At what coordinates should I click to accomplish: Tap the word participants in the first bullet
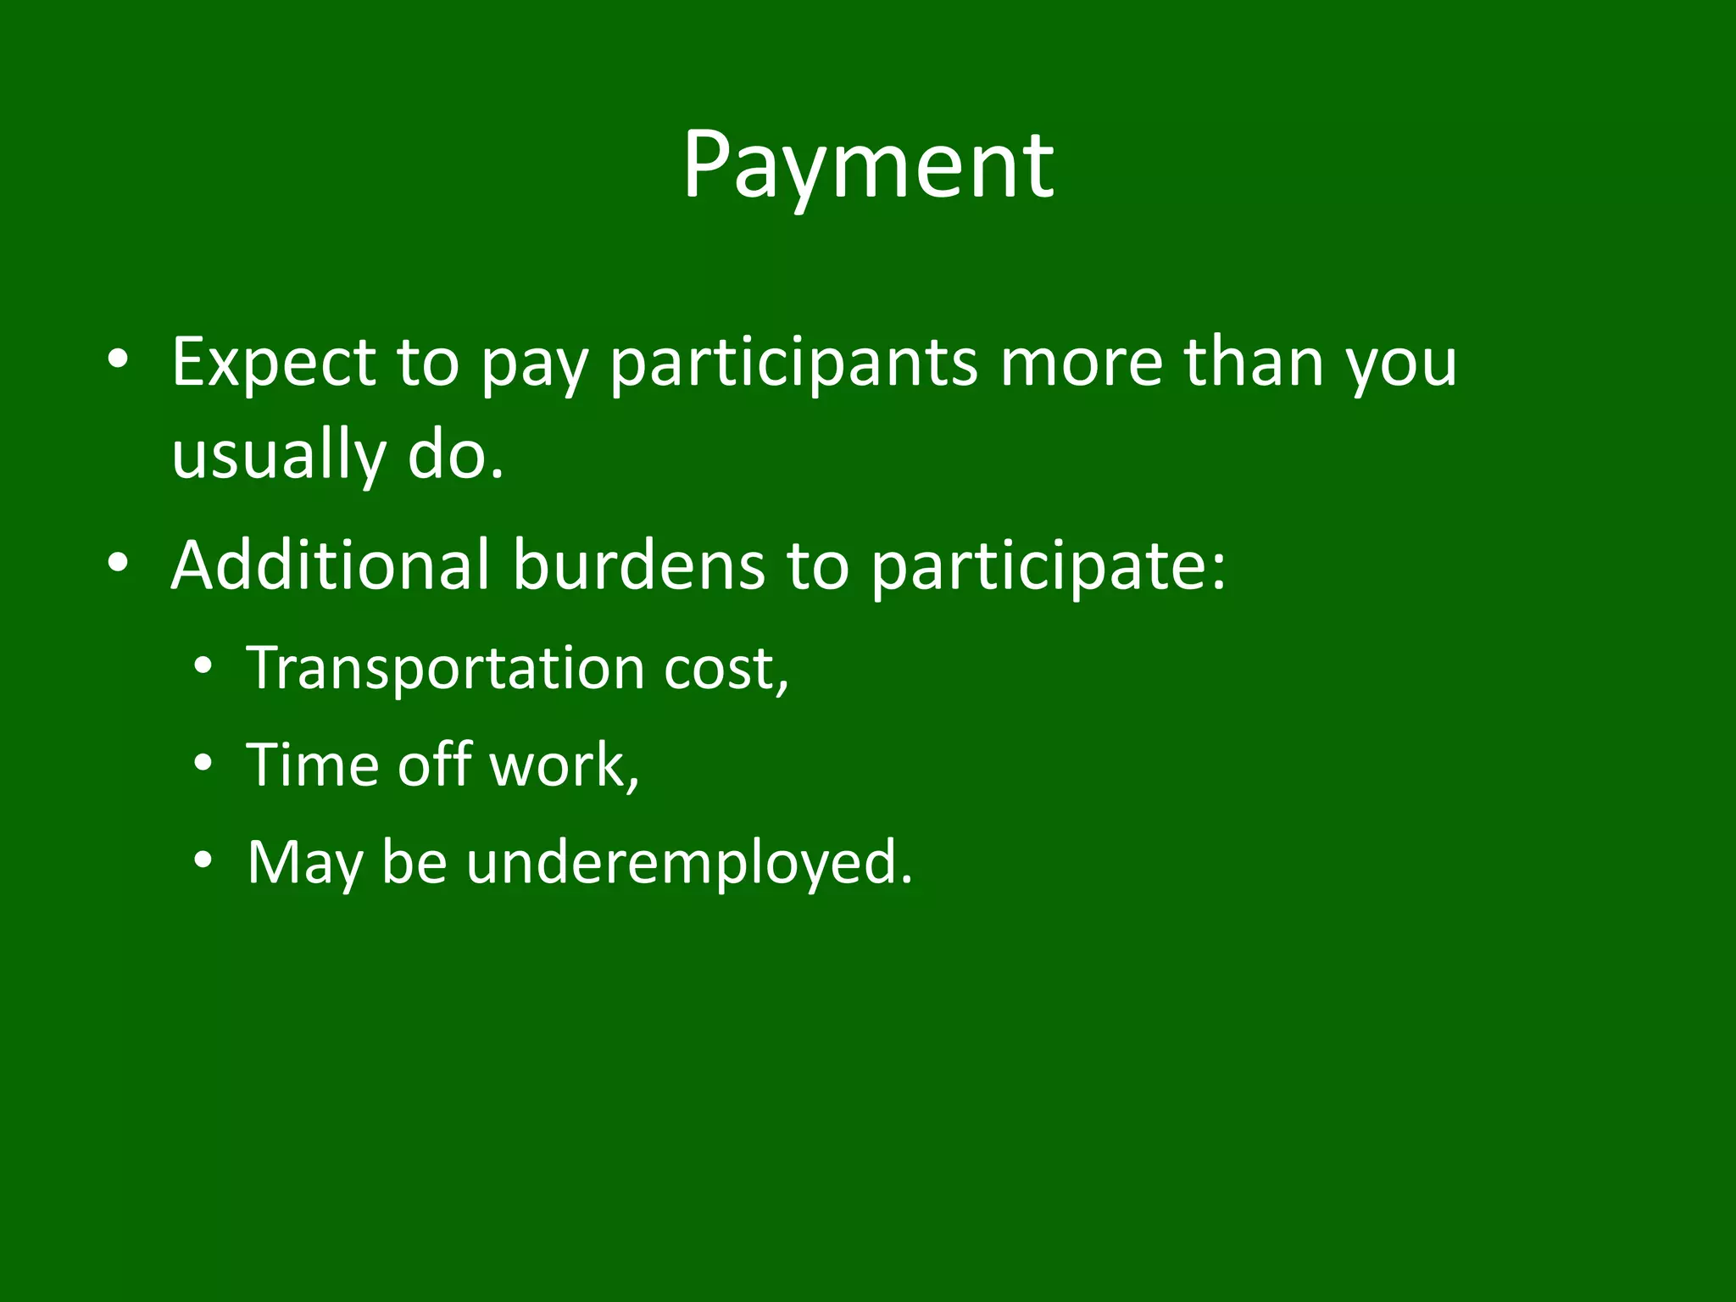(793, 363)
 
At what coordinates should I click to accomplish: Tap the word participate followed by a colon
(1048, 565)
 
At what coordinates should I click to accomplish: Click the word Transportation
(446, 669)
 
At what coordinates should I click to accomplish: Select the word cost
(726, 669)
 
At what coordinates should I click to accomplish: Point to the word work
(564, 765)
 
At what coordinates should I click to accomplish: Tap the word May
(303, 862)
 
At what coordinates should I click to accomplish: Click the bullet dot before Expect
(118, 359)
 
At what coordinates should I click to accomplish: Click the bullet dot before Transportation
(202, 667)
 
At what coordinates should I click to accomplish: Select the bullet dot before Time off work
(202, 764)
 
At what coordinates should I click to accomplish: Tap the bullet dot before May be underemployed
(202, 860)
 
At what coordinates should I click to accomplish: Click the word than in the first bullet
(1254, 363)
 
